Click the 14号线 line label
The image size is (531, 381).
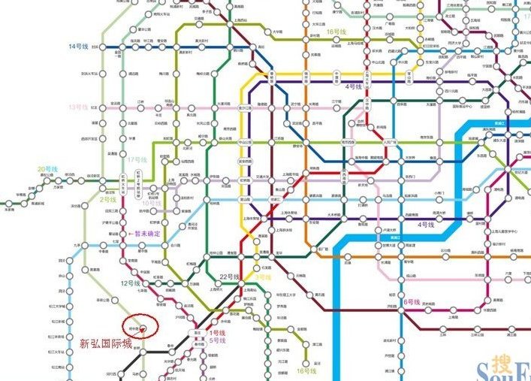tap(79, 47)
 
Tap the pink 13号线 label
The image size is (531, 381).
tap(78, 107)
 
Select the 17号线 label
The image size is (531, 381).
tap(136, 160)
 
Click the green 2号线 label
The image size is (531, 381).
tap(108, 200)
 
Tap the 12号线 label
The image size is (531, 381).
tap(130, 283)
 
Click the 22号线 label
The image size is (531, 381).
tap(229, 277)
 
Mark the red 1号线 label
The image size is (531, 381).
tap(216, 332)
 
